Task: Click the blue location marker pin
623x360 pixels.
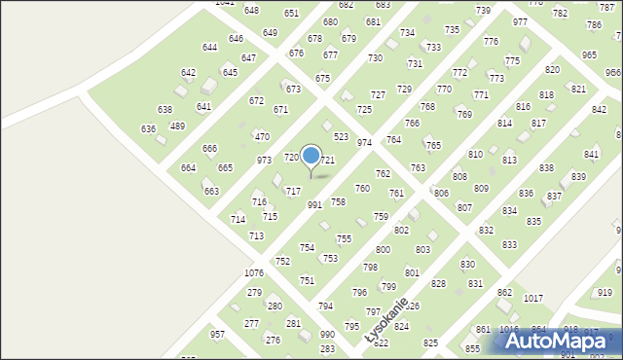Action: pos(311,156)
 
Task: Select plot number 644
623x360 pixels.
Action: pos(209,47)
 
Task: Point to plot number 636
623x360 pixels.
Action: pos(148,129)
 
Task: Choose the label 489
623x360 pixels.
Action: pos(177,126)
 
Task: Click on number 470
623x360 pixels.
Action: pos(262,137)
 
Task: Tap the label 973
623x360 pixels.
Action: pos(264,160)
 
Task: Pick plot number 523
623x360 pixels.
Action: pos(341,137)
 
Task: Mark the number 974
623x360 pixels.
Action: pos(364,143)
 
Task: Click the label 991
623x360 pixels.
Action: pos(314,205)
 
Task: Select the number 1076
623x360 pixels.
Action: pos(254,273)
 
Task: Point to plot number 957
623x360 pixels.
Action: pos(217,335)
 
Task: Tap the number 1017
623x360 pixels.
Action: pos(532,299)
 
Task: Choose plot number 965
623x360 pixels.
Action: pos(589,55)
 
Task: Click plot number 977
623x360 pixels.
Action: pos(520,22)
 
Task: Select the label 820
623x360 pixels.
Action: pos(552,70)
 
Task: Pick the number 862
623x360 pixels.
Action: pos(504,293)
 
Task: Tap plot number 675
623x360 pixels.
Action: pos(322,78)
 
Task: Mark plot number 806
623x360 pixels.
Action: pos(441,194)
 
